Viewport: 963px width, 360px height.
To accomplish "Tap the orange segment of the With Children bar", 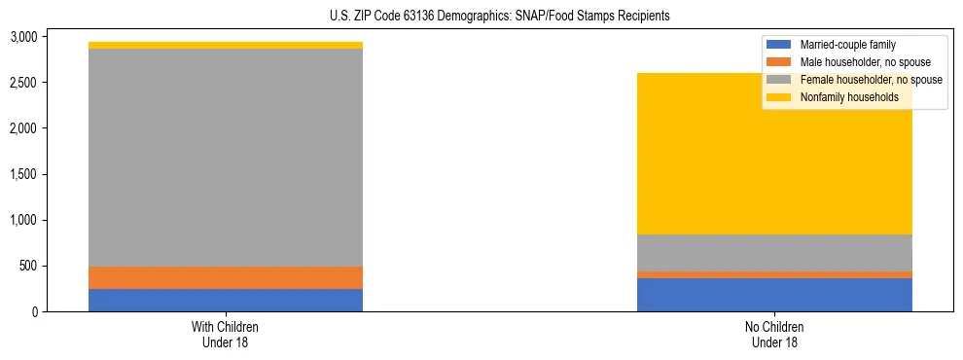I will [226, 277].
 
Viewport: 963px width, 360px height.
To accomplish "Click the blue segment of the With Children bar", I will [226, 300].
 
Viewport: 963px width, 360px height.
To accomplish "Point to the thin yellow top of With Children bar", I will [226, 45].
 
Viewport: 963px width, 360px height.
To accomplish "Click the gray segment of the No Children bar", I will [774, 253].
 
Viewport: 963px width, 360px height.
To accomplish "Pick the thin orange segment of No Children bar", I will [774, 274].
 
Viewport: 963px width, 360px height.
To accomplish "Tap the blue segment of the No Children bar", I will [774, 295].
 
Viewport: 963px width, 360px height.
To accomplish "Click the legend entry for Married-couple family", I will [847, 45].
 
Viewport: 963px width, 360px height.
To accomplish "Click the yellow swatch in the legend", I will [780, 97].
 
